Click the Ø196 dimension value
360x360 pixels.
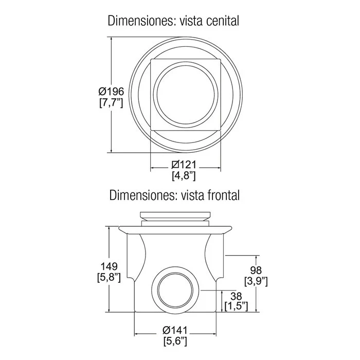(x=111, y=92)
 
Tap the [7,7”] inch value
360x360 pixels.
(x=111, y=102)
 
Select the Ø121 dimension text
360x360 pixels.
(x=184, y=165)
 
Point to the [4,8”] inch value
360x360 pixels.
(x=184, y=176)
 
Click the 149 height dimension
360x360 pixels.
(x=109, y=266)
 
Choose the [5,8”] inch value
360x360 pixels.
(x=109, y=277)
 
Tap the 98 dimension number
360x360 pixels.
(x=256, y=270)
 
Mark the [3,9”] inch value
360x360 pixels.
(x=256, y=281)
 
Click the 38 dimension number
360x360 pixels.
(x=236, y=296)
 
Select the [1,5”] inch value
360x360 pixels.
(x=236, y=306)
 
